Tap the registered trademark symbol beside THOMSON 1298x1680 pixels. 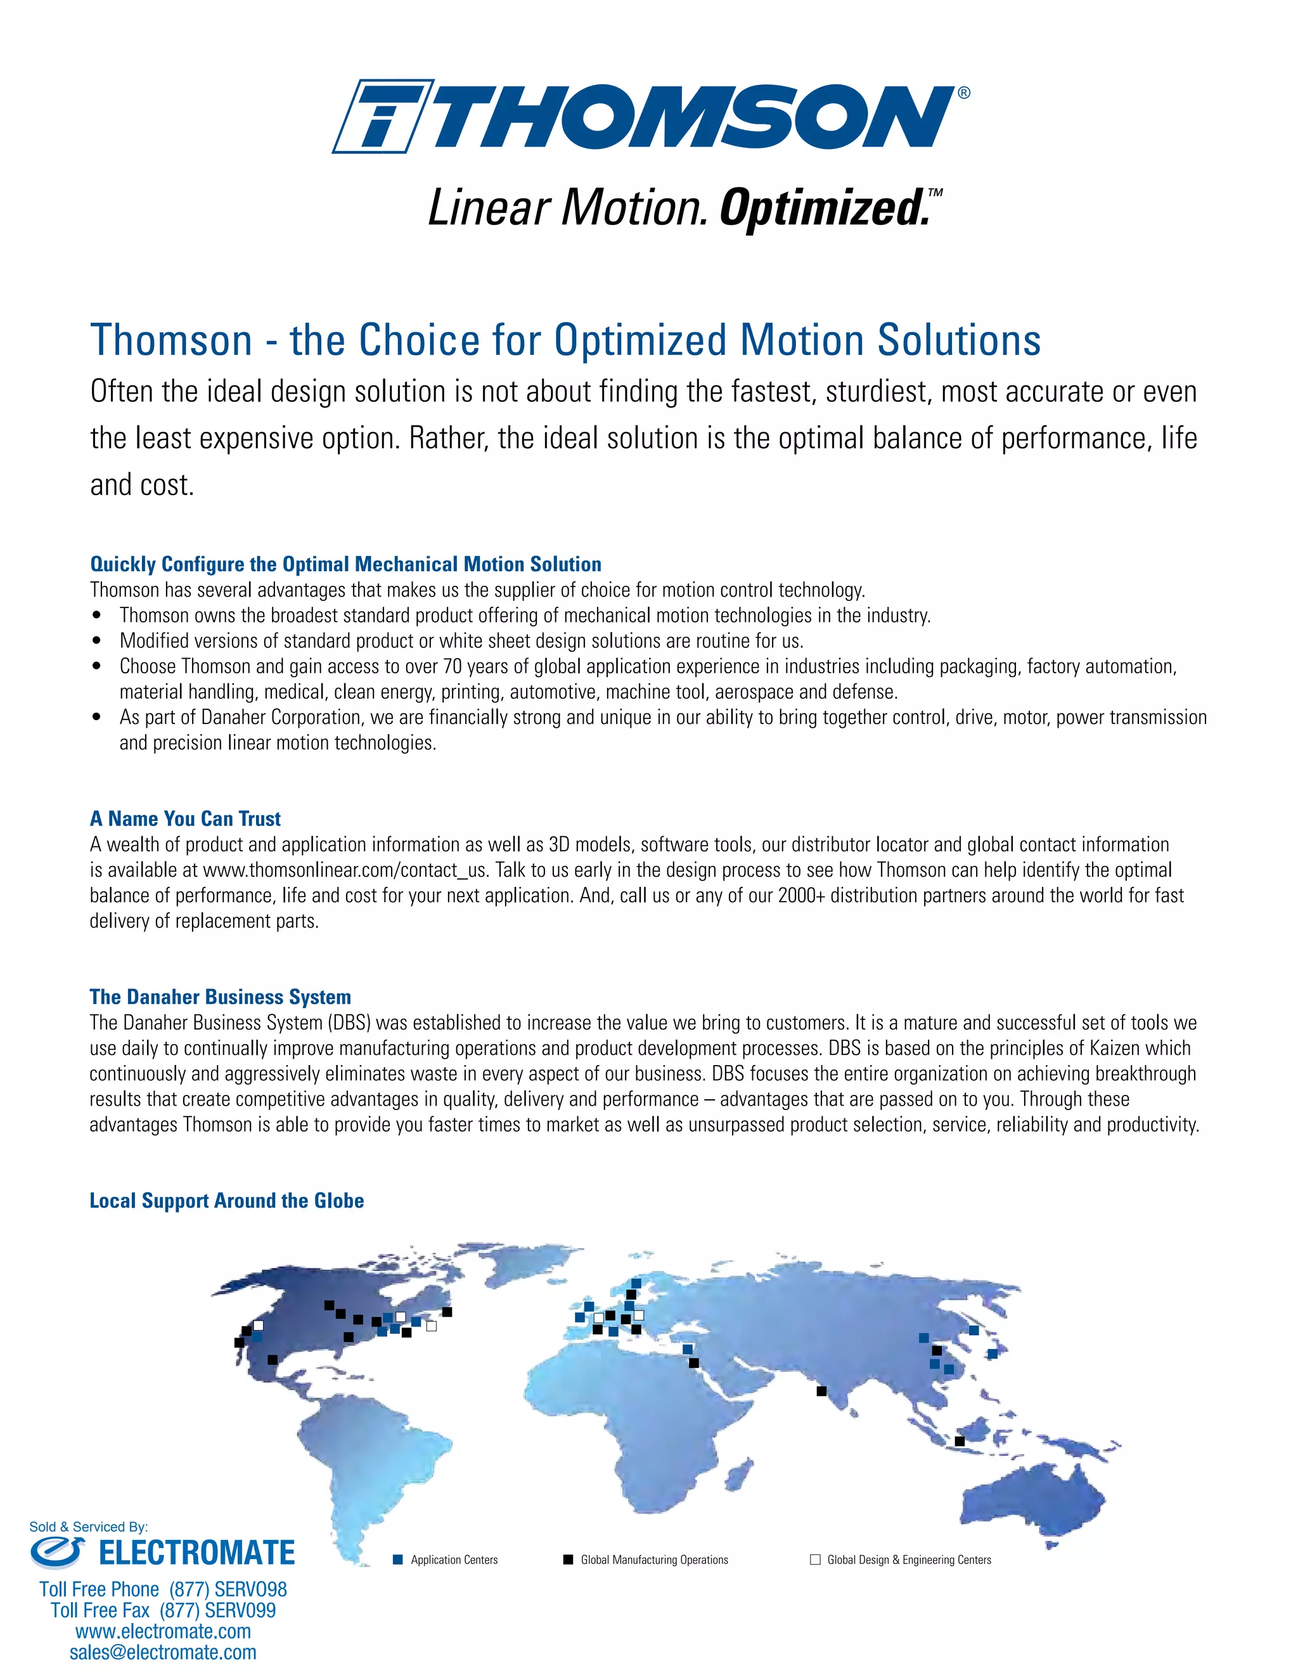tap(963, 93)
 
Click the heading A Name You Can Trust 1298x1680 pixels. tap(185, 818)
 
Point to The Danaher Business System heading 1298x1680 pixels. tap(220, 997)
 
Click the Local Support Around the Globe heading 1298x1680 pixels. tap(227, 1201)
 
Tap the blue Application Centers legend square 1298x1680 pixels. tap(397, 1560)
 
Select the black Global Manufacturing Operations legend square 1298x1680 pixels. tap(569, 1560)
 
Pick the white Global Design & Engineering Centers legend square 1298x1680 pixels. tap(815, 1560)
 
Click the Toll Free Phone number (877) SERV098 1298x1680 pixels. tap(228, 1589)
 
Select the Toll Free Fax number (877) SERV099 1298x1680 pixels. tap(217, 1610)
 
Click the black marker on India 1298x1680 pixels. tap(821, 1391)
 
